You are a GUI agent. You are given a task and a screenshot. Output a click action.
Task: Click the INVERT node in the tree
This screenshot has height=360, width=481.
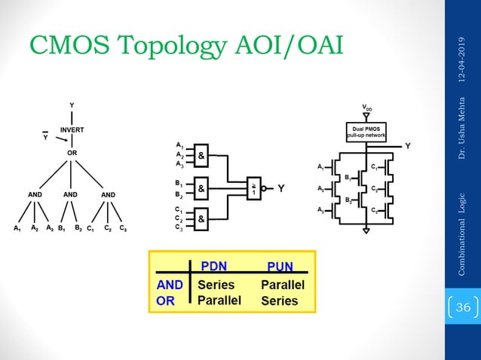click(72, 130)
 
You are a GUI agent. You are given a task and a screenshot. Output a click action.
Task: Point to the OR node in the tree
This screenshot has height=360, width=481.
click(72, 152)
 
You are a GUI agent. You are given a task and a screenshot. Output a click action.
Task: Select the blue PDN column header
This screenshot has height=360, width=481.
click(215, 265)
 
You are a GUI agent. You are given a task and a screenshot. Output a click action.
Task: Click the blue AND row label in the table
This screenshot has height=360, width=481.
click(169, 285)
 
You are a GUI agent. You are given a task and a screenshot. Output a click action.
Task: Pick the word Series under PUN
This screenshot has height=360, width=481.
click(279, 301)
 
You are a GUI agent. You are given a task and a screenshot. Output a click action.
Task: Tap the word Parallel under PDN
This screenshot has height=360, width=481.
click(219, 301)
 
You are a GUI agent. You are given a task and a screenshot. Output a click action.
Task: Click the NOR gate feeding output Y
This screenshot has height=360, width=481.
click(255, 188)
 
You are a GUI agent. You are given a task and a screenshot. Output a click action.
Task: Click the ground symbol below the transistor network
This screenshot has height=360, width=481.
click(366, 232)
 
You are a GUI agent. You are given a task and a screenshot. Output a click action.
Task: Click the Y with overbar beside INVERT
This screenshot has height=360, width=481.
click(45, 137)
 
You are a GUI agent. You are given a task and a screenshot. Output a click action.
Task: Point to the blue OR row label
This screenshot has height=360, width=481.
click(164, 301)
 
